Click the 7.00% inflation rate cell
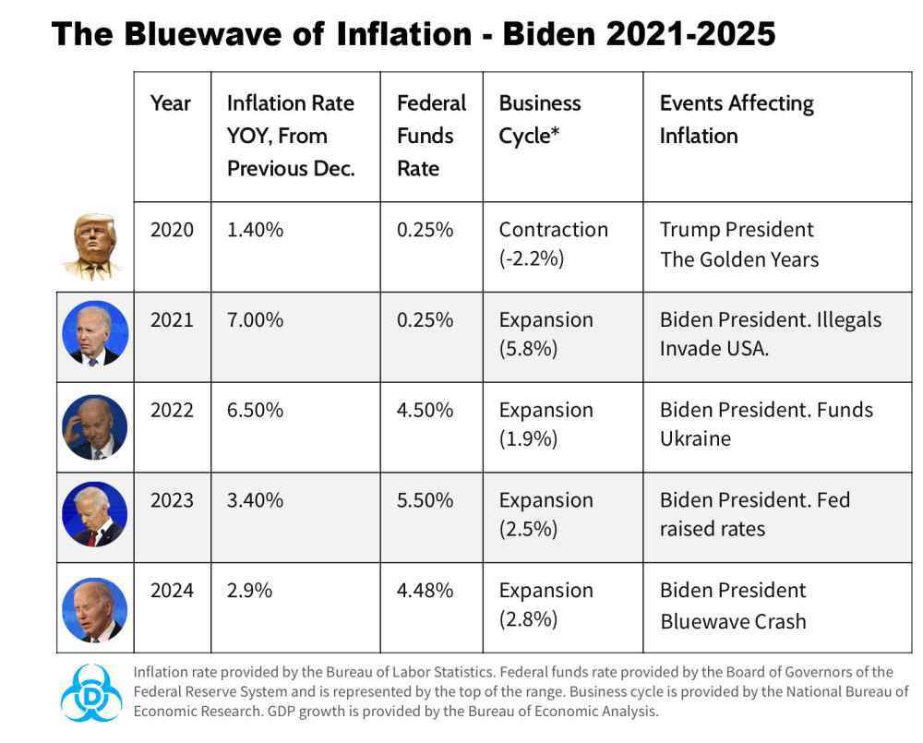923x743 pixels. click(x=255, y=320)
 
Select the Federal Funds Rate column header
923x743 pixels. click(x=431, y=136)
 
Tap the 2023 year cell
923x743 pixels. click(x=173, y=500)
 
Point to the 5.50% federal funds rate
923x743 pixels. click(x=425, y=500)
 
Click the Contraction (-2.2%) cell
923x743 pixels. click(x=553, y=244)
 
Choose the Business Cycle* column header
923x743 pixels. click(x=540, y=119)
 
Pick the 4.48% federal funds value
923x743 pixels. click(x=425, y=591)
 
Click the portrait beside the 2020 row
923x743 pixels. click(x=94, y=246)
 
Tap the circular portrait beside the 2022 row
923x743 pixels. click(x=94, y=427)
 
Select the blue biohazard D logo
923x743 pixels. click(x=90, y=692)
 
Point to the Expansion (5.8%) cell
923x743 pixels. click(x=545, y=334)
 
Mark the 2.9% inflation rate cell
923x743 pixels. click(x=249, y=591)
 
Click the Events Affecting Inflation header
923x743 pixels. click(x=737, y=119)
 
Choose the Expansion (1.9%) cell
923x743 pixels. click(x=545, y=425)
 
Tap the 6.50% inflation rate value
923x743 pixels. click(x=255, y=411)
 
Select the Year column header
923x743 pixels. click(x=171, y=103)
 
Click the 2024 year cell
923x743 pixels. click(x=173, y=591)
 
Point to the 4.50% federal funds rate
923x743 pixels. click(x=425, y=411)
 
